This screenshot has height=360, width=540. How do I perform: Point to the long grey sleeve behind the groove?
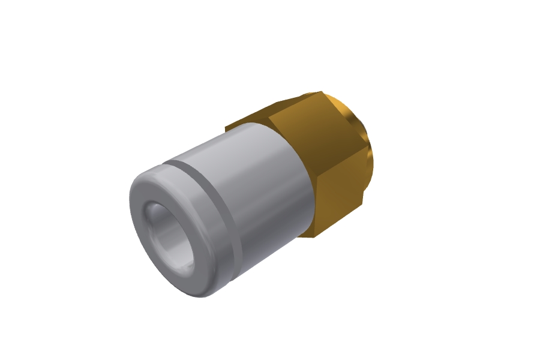pos(258,180)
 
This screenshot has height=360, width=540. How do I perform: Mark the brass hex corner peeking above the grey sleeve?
pos(231,126)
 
